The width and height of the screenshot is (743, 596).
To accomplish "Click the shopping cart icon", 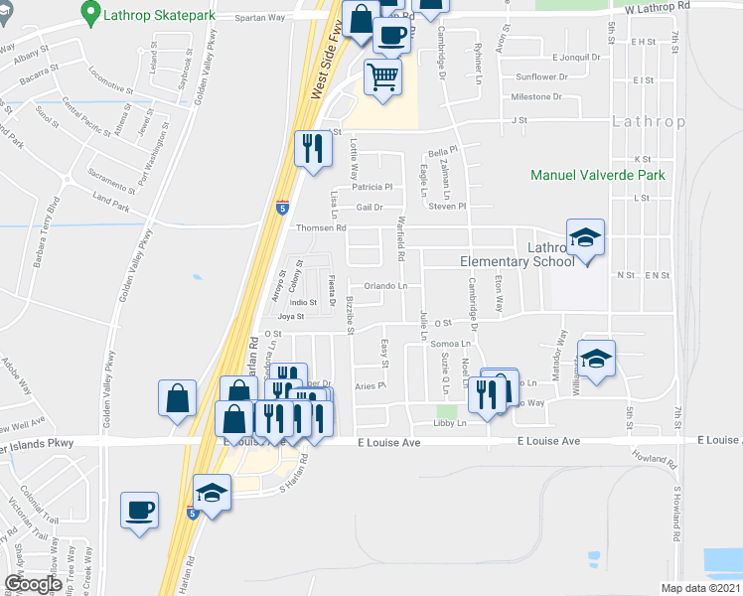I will pos(383,75).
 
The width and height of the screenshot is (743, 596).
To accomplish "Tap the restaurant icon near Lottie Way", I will pos(314,148).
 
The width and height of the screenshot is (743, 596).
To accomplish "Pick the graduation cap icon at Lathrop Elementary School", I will pos(585,238).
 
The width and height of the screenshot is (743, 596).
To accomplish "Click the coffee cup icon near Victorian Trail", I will pos(140,511).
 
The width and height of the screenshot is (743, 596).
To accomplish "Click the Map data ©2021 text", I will pos(700,588).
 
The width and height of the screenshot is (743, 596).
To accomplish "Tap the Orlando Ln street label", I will pos(385,286).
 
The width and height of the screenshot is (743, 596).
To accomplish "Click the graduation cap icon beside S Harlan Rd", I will pos(212,493).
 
